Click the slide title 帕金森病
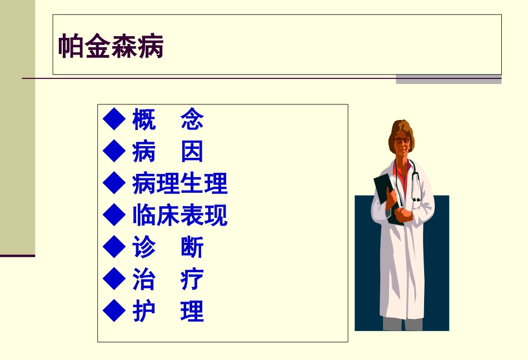[x=111, y=47]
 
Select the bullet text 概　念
[x=168, y=119]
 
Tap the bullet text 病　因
[x=168, y=152]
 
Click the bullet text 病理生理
[x=180, y=184]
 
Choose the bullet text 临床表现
[x=180, y=216]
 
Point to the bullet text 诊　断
[x=168, y=248]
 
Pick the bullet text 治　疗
[x=168, y=279]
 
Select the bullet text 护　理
[x=168, y=312]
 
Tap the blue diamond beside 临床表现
[x=114, y=215]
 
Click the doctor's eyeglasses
[x=402, y=141]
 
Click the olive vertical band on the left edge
[x=17, y=128]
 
